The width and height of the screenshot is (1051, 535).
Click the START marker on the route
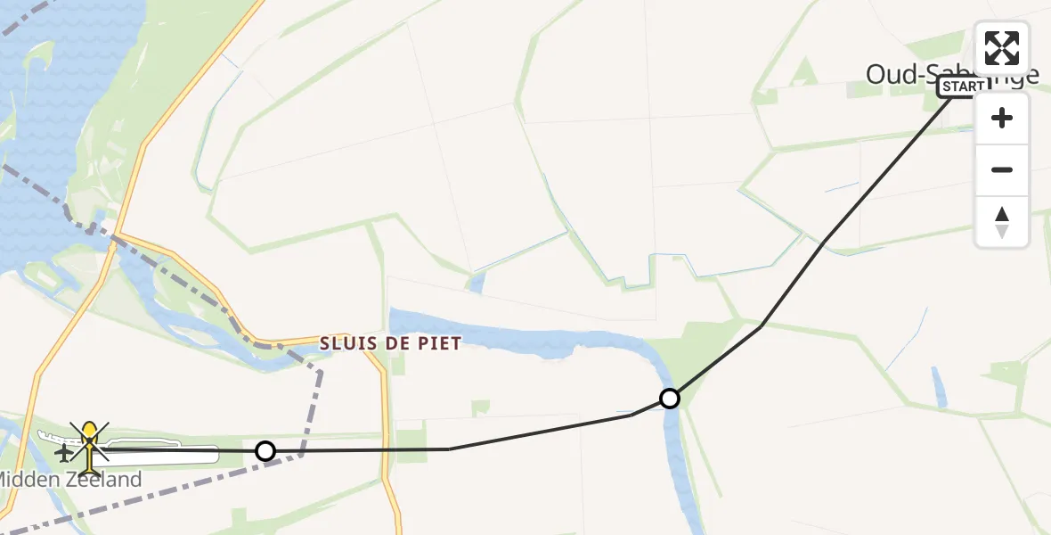pyautogui.click(x=964, y=86)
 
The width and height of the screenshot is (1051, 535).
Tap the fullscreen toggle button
pyautogui.click(x=1002, y=48)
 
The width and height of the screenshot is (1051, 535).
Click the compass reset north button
pyautogui.click(x=1002, y=221)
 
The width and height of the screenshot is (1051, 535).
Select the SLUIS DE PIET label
pyautogui.click(x=392, y=343)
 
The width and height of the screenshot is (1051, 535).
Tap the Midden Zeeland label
pyautogui.click(x=69, y=480)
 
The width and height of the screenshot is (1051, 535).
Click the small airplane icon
pyautogui.click(x=64, y=453)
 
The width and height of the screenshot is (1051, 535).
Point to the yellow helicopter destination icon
pyautogui.click(x=90, y=446)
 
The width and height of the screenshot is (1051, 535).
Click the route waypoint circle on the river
pyautogui.click(x=670, y=399)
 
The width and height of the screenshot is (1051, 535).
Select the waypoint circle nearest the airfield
pyautogui.click(x=265, y=451)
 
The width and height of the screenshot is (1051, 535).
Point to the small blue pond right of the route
pyautogui.click(x=939, y=388)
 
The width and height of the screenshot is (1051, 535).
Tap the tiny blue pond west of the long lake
pyautogui.click(x=477, y=284)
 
